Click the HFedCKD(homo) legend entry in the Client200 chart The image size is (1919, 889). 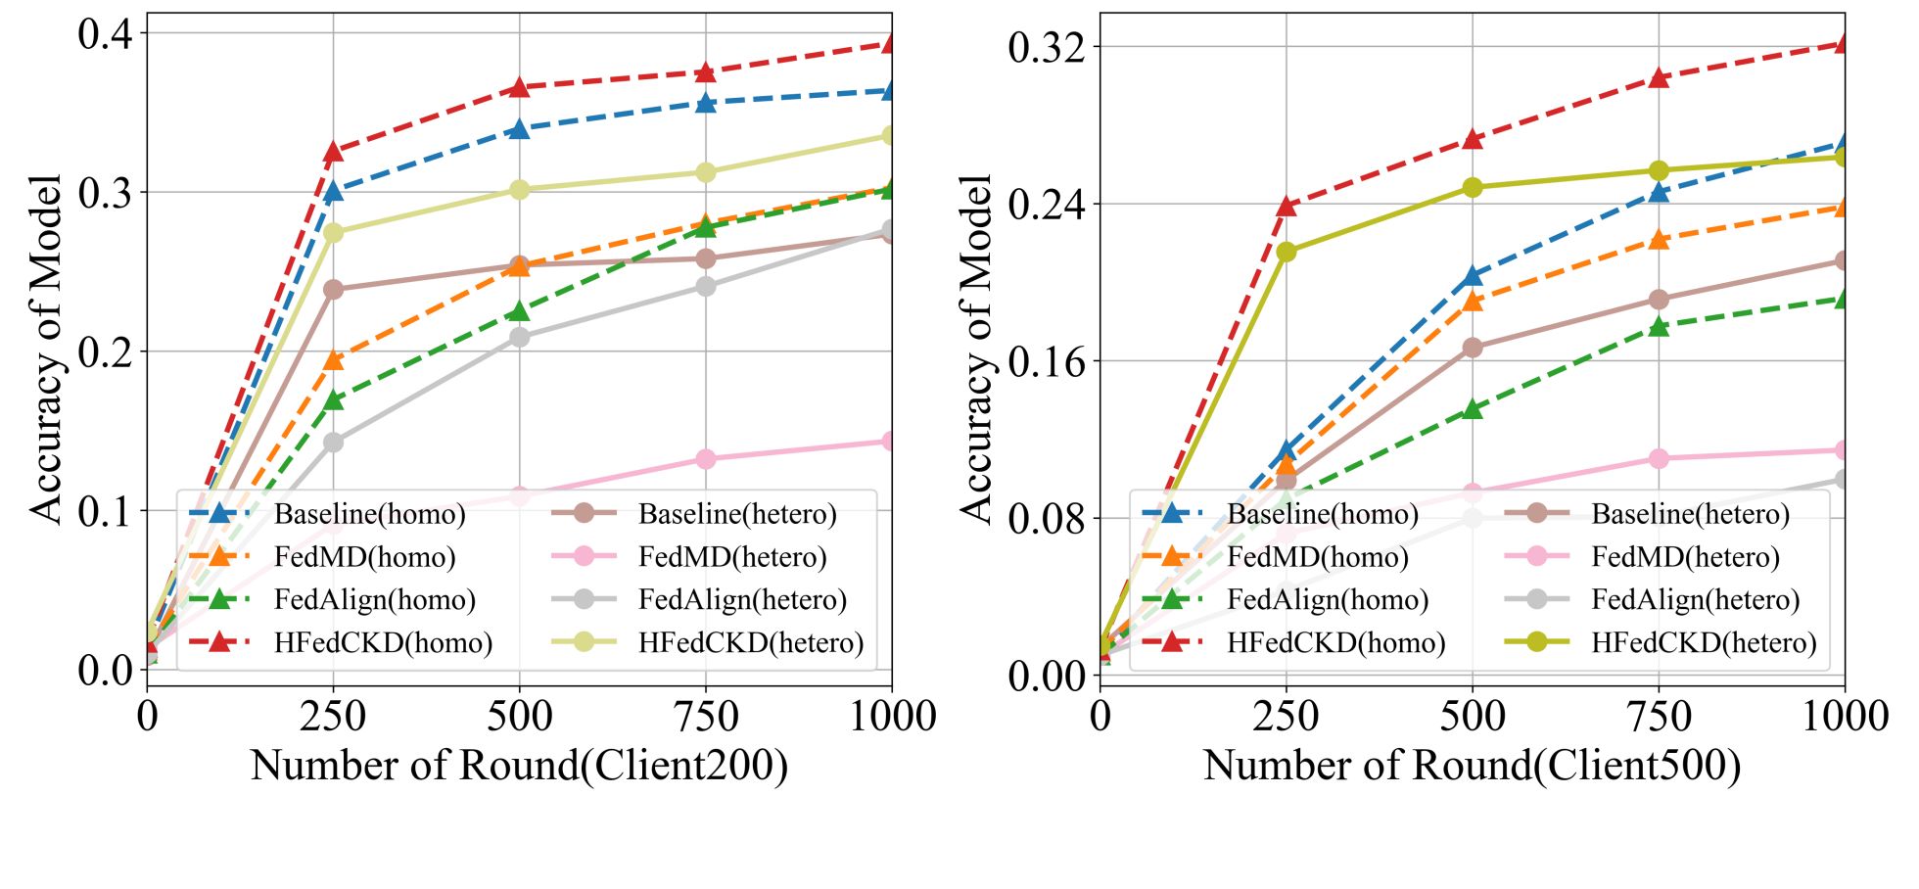click(383, 642)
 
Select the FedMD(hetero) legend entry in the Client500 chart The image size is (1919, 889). click(1684, 557)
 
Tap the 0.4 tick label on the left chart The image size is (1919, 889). click(105, 33)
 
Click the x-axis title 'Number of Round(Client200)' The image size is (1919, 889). click(519, 766)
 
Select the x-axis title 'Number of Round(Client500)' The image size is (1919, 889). click(1472, 766)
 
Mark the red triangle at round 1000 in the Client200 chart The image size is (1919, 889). click(891, 44)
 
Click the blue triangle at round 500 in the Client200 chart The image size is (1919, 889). click(519, 129)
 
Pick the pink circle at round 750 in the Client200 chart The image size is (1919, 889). click(705, 459)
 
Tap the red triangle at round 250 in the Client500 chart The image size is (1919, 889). click(1287, 207)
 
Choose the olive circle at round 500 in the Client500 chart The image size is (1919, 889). click(1473, 187)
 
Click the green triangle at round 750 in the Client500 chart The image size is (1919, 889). click(1659, 327)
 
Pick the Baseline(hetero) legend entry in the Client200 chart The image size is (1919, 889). click(736, 514)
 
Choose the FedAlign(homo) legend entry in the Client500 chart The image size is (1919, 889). click(1327, 599)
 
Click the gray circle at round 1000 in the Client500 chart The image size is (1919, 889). click(1845, 480)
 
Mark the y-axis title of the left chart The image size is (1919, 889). click(45, 349)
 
